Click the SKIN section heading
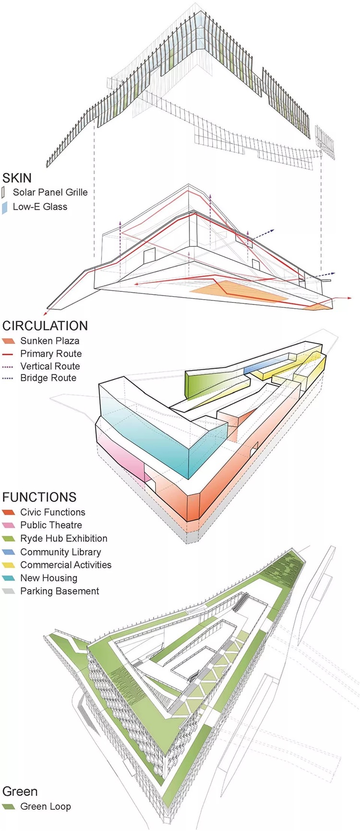pyautogui.click(x=17, y=178)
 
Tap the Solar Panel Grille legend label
pyautogui.click(x=50, y=193)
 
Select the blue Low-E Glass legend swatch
pyautogui.click(x=5, y=207)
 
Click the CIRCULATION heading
pyautogui.click(x=45, y=326)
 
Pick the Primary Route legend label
pyautogui.click(x=51, y=354)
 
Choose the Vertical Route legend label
pyautogui.click(x=50, y=366)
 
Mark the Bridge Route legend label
pyautogui.click(x=48, y=378)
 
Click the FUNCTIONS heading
pyautogui.click(x=39, y=497)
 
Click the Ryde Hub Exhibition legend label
pyautogui.click(x=64, y=539)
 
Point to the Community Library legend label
pyautogui.click(x=60, y=552)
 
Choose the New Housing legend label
pyautogui.click(x=48, y=578)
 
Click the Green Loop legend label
pyautogui.click(x=46, y=807)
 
